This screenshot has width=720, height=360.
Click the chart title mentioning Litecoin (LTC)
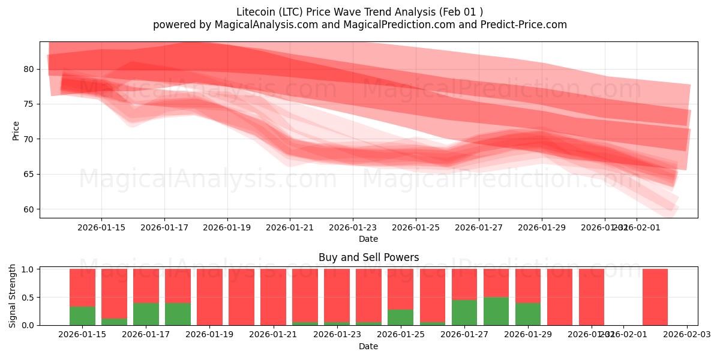[360, 11]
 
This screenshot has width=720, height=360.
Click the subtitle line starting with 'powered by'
[360, 25]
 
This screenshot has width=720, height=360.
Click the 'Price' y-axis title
[16, 130]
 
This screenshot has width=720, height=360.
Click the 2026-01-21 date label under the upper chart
[290, 227]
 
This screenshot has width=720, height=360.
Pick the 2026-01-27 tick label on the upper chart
[478, 227]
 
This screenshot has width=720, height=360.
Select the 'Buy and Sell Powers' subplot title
[368, 258]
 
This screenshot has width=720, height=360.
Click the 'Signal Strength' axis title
[13, 296]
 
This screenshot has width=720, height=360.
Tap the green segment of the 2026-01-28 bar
[496, 311]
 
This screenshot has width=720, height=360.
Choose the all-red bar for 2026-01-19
[209, 297]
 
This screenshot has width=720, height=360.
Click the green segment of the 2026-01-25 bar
[400, 317]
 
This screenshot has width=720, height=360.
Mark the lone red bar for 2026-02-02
[655, 297]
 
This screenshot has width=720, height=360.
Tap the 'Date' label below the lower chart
[368, 346]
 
